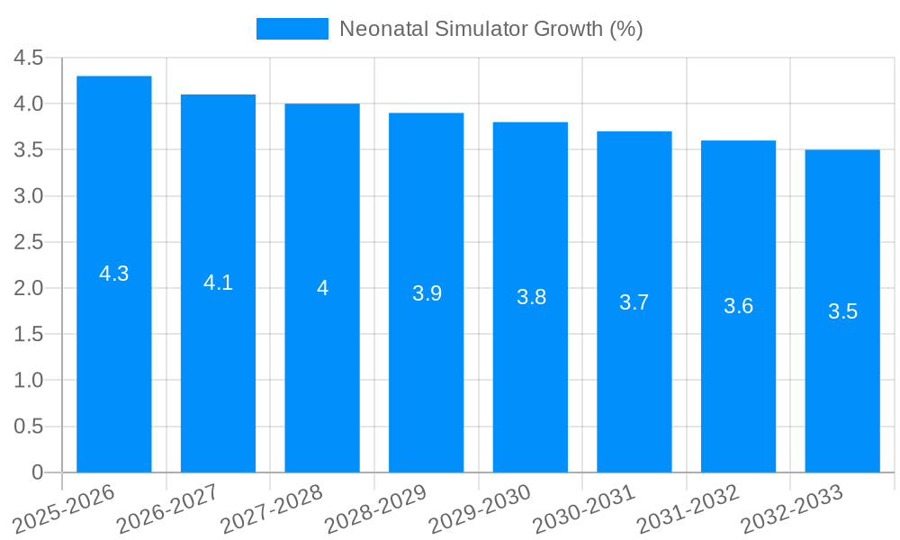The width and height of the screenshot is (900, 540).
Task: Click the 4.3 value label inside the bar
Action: [x=114, y=274]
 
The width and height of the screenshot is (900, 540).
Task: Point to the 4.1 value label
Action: [x=218, y=283]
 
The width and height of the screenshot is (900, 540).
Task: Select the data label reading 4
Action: [x=322, y=288]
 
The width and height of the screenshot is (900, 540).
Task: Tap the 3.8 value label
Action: [x=531, y=297]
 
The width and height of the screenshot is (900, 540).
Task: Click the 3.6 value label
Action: [x=738, y=306]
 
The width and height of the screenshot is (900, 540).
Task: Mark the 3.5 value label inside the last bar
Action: [x=842, y=311]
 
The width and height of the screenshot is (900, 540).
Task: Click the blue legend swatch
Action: [x=292, y=29]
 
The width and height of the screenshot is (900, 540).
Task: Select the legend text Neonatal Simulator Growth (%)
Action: [x=490, y=29]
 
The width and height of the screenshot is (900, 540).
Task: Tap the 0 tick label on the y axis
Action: [x=37, y=472]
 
